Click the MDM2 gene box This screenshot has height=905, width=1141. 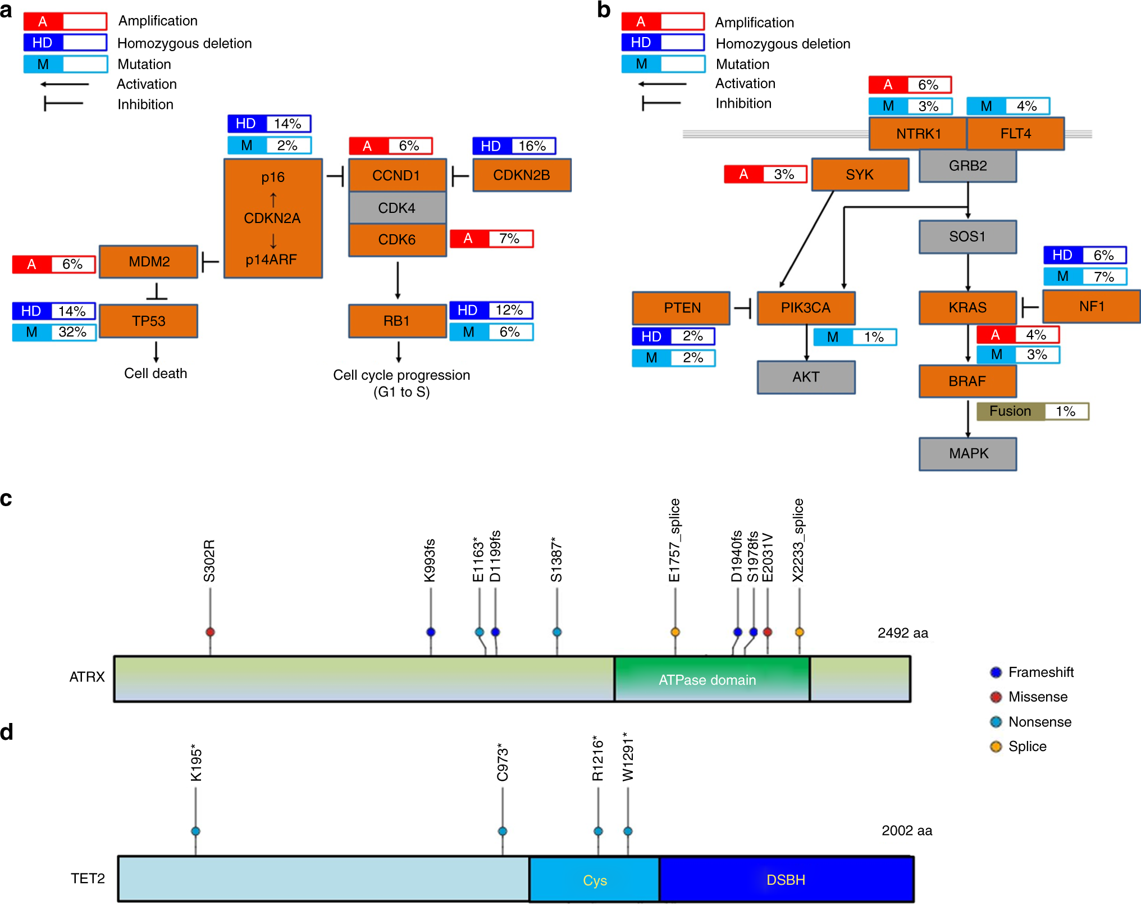click(x=149, y=262)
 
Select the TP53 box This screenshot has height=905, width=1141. click(x=149, y=321)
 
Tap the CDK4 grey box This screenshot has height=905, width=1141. click(x=397, y=208)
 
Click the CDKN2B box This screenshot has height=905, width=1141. click(x=522, y=175)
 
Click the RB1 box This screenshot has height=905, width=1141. click(x=397, y=321)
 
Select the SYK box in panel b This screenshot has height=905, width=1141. click(x=860, y=175)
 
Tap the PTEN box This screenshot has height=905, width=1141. click(x=682, y=308)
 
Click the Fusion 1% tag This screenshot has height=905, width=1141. click(x=1032, y=411)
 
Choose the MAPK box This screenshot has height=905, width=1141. click(x=968, y=453)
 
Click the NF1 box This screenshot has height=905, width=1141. click(x=1091, y=307)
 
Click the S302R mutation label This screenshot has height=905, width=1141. click(x=209, y=561)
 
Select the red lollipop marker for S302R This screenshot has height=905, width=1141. click(x=210, y=632)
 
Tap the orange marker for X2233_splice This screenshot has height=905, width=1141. click(x=799, y=632)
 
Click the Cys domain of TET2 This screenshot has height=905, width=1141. click(x=594, y=880)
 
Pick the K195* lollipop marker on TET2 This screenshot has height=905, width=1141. click(x=195, y=831)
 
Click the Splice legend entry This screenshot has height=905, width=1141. click(x=1026, y=747)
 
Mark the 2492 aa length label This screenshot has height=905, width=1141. click(x=902, y=633)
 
